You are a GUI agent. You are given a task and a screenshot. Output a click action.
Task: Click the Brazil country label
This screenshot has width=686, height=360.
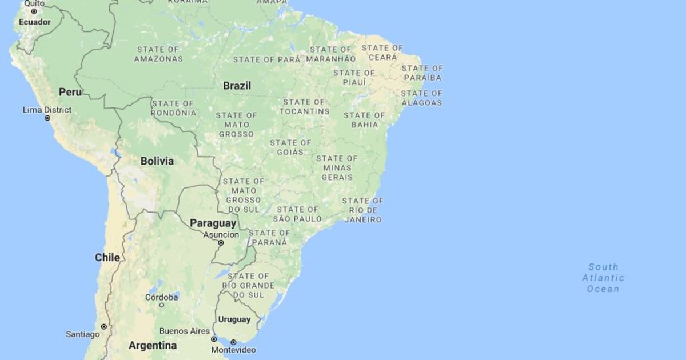pos(237,86)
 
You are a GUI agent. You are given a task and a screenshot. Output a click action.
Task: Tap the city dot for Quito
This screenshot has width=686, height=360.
pos(34,11)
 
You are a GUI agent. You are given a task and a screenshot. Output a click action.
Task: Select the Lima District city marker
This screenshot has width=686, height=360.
pos(47,118)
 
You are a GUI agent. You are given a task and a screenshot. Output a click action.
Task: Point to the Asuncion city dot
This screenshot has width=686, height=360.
pos(221,243)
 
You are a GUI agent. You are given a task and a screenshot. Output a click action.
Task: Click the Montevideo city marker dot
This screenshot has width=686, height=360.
pos(233,342)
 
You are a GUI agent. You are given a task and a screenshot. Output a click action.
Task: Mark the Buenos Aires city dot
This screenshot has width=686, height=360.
pos(214,339)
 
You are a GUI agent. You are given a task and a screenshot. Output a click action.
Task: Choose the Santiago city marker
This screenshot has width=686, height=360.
pos(103,326)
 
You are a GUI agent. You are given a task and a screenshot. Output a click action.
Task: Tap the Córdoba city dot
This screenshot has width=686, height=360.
pos(162,305)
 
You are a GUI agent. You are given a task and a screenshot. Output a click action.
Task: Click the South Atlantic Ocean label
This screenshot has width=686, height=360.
pos(603,278)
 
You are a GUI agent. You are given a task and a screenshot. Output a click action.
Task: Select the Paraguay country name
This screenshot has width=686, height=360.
pos(213,223)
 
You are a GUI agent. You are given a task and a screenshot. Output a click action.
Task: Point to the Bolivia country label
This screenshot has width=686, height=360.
pos(157,161)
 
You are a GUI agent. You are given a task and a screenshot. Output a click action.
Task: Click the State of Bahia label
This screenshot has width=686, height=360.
pos(364,120)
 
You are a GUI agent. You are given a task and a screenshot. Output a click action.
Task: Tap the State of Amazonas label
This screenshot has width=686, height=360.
pos(159,54)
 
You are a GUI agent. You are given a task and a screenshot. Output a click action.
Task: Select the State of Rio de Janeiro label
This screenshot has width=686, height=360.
pos(362,210)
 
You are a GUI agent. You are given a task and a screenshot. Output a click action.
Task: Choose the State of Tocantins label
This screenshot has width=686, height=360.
pos(304,107)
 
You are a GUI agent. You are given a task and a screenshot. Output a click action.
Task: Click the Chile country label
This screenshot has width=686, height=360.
pos(107,258)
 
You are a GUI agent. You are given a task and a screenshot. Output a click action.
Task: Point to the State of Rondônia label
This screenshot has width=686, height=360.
pos(173,109)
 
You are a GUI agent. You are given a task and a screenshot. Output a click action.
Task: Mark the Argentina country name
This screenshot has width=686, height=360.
pos(153,345)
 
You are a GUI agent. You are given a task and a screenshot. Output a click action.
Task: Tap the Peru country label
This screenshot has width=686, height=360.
pos(70,92)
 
